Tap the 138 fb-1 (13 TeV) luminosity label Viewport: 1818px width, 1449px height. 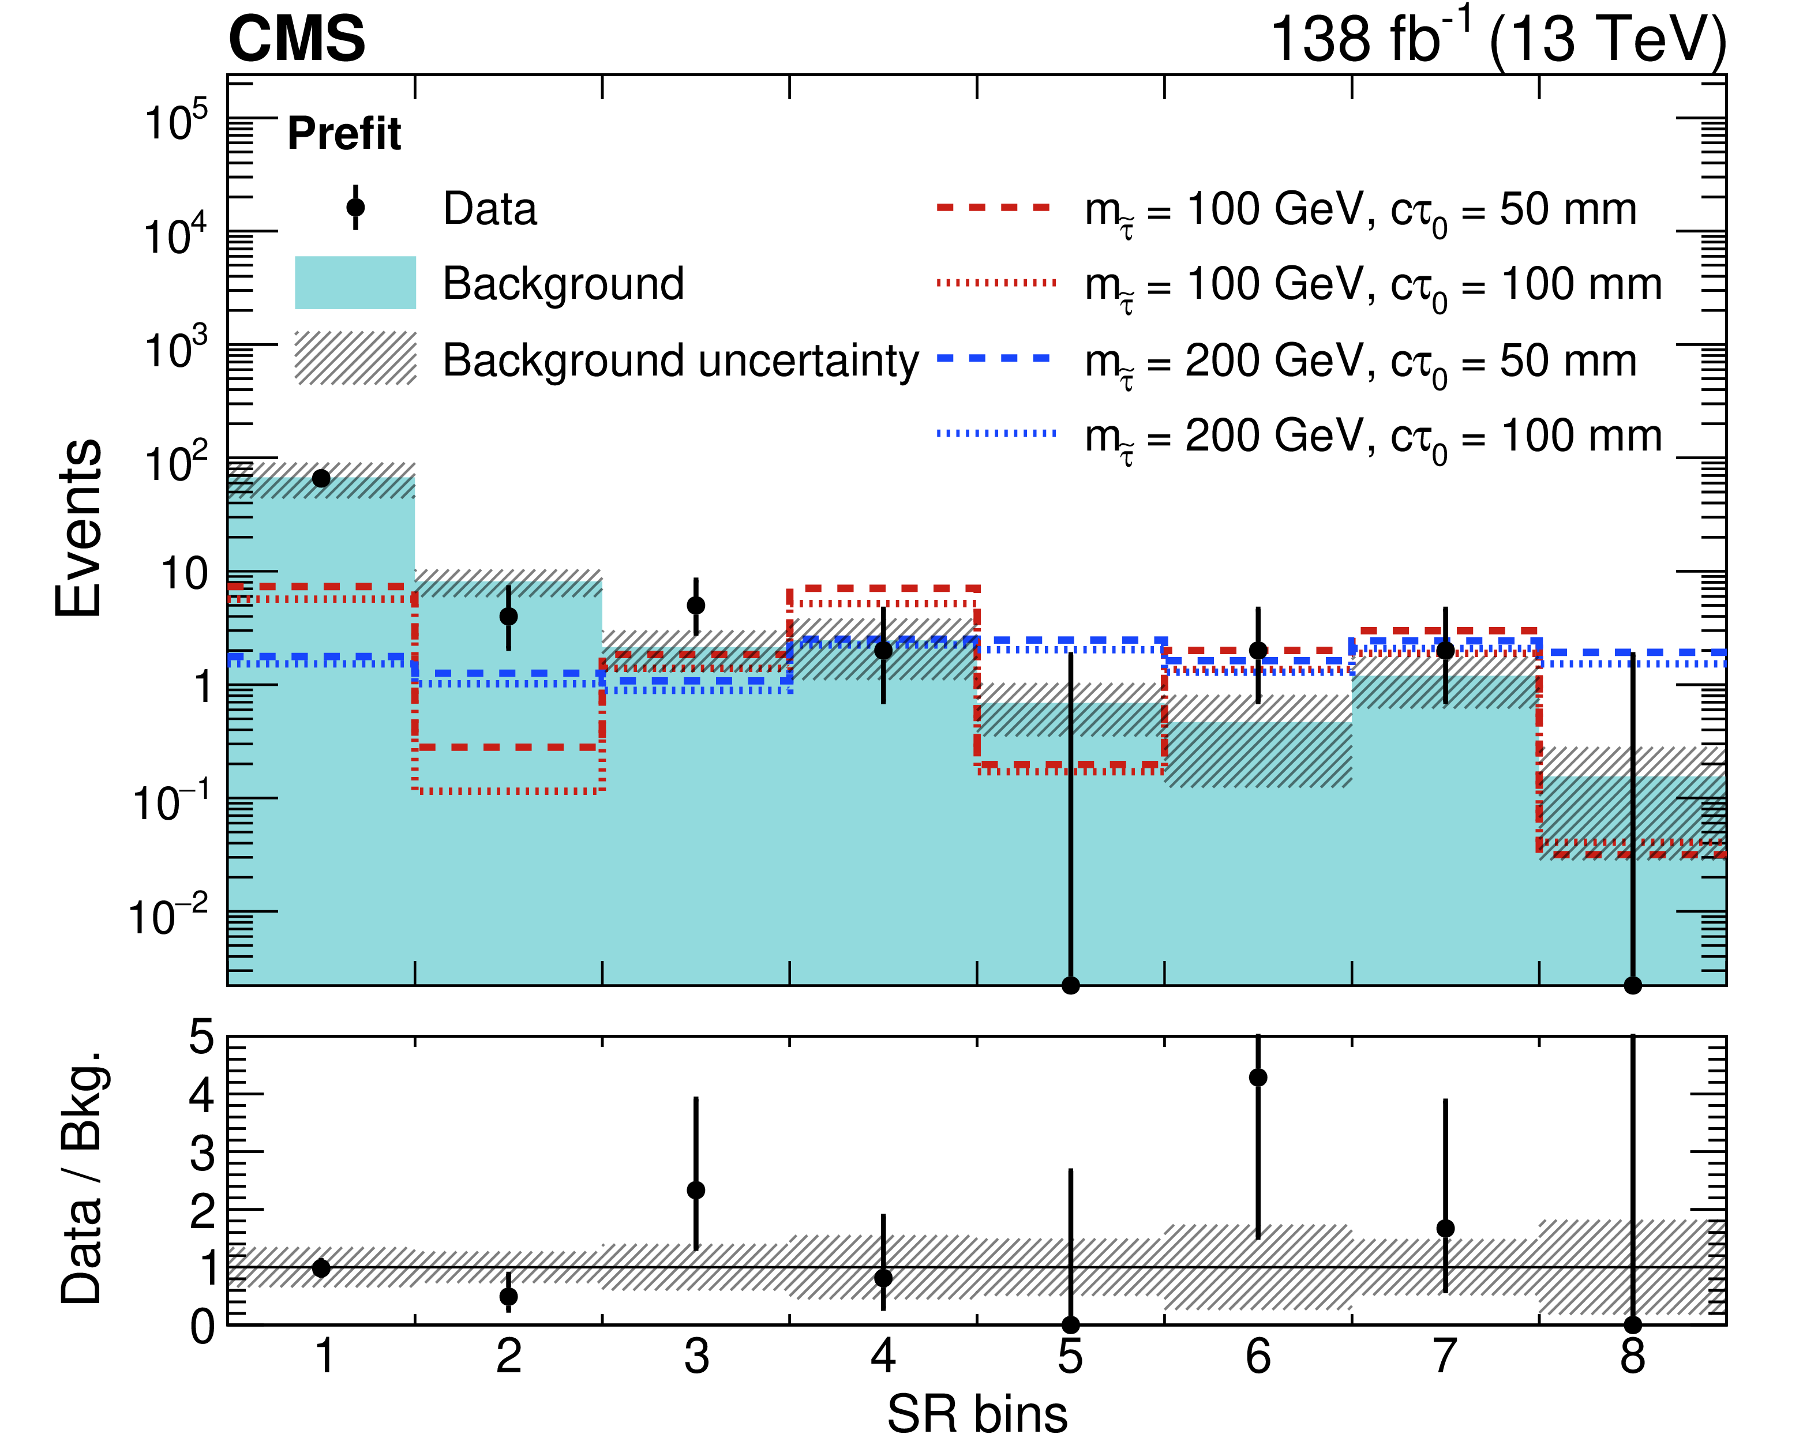tap(1497, 40)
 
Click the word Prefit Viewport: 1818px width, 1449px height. tap(344, 133)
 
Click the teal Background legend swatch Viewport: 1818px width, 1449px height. tap(355, 283)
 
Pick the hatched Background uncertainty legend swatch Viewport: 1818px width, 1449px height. tap(355, 358)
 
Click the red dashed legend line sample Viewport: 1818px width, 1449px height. tap(995, 207)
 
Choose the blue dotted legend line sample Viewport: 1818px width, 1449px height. tap(995, 433)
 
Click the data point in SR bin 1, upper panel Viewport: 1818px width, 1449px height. tap(321, 479)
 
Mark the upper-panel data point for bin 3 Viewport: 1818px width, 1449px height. tap(696, 605)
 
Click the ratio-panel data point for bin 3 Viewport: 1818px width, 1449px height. tap(696, 1190)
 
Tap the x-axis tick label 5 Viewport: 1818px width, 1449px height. tap(1070, 1357)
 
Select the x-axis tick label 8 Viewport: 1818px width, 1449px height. tap(1632, 1357)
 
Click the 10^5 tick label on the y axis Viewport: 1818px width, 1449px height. tap(175, 122)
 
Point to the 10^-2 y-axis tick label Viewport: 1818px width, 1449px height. tap(168, 916)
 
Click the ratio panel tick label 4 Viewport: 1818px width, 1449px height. tap(203, 1095)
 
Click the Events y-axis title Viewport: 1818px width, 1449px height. tap(78, 528)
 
